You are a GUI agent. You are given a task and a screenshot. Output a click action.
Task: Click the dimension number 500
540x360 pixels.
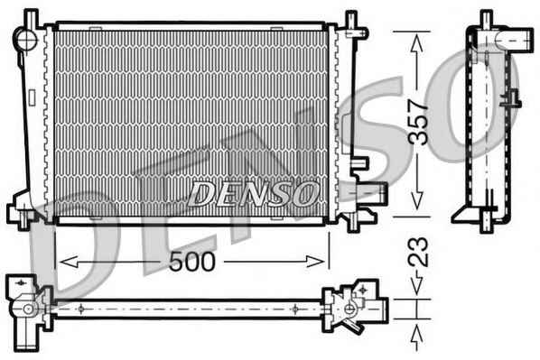pos(191,262)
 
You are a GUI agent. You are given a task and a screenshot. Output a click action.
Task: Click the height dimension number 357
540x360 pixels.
pos(418,122)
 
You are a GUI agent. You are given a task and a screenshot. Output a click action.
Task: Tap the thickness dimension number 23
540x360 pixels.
pos(418,253)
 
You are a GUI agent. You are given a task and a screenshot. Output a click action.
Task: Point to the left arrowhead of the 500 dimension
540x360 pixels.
pos(69,262)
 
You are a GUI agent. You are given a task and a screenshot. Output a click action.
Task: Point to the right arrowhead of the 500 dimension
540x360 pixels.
pos(315,262)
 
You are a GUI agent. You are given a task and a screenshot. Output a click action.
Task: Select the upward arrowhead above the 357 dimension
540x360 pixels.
pos(417,43)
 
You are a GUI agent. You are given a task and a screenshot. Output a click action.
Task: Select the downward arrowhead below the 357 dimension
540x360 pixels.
pos(417,200)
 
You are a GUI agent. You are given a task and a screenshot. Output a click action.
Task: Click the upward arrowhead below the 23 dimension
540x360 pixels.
pos(417,335)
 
